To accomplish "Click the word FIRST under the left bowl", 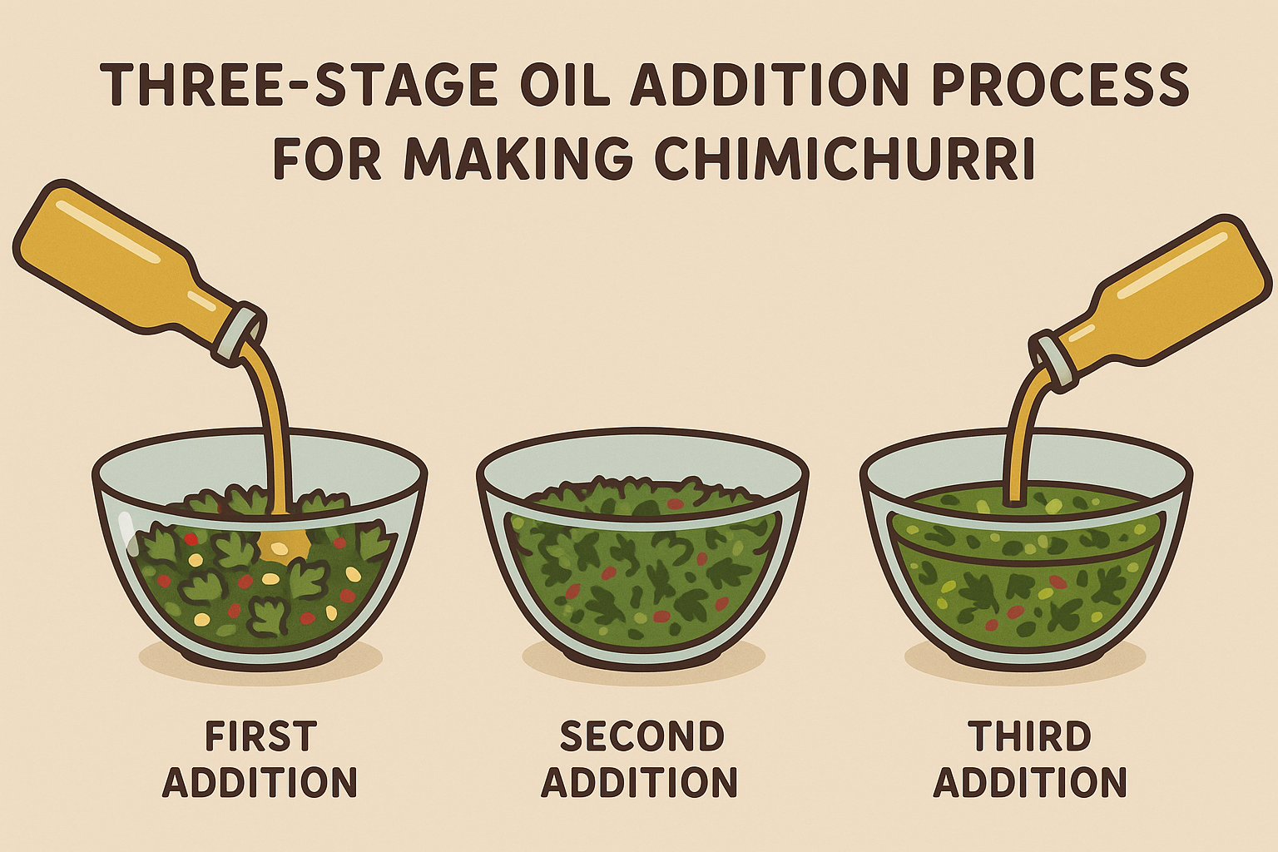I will [x=260, y=737].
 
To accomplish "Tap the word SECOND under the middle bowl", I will [x=641, y=737].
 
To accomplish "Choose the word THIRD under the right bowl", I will [x=1030, y=737].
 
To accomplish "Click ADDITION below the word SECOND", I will [x=640, y=783].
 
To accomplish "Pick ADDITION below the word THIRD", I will [x=1030, y=783].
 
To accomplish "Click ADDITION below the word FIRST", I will [x=260, y=783].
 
